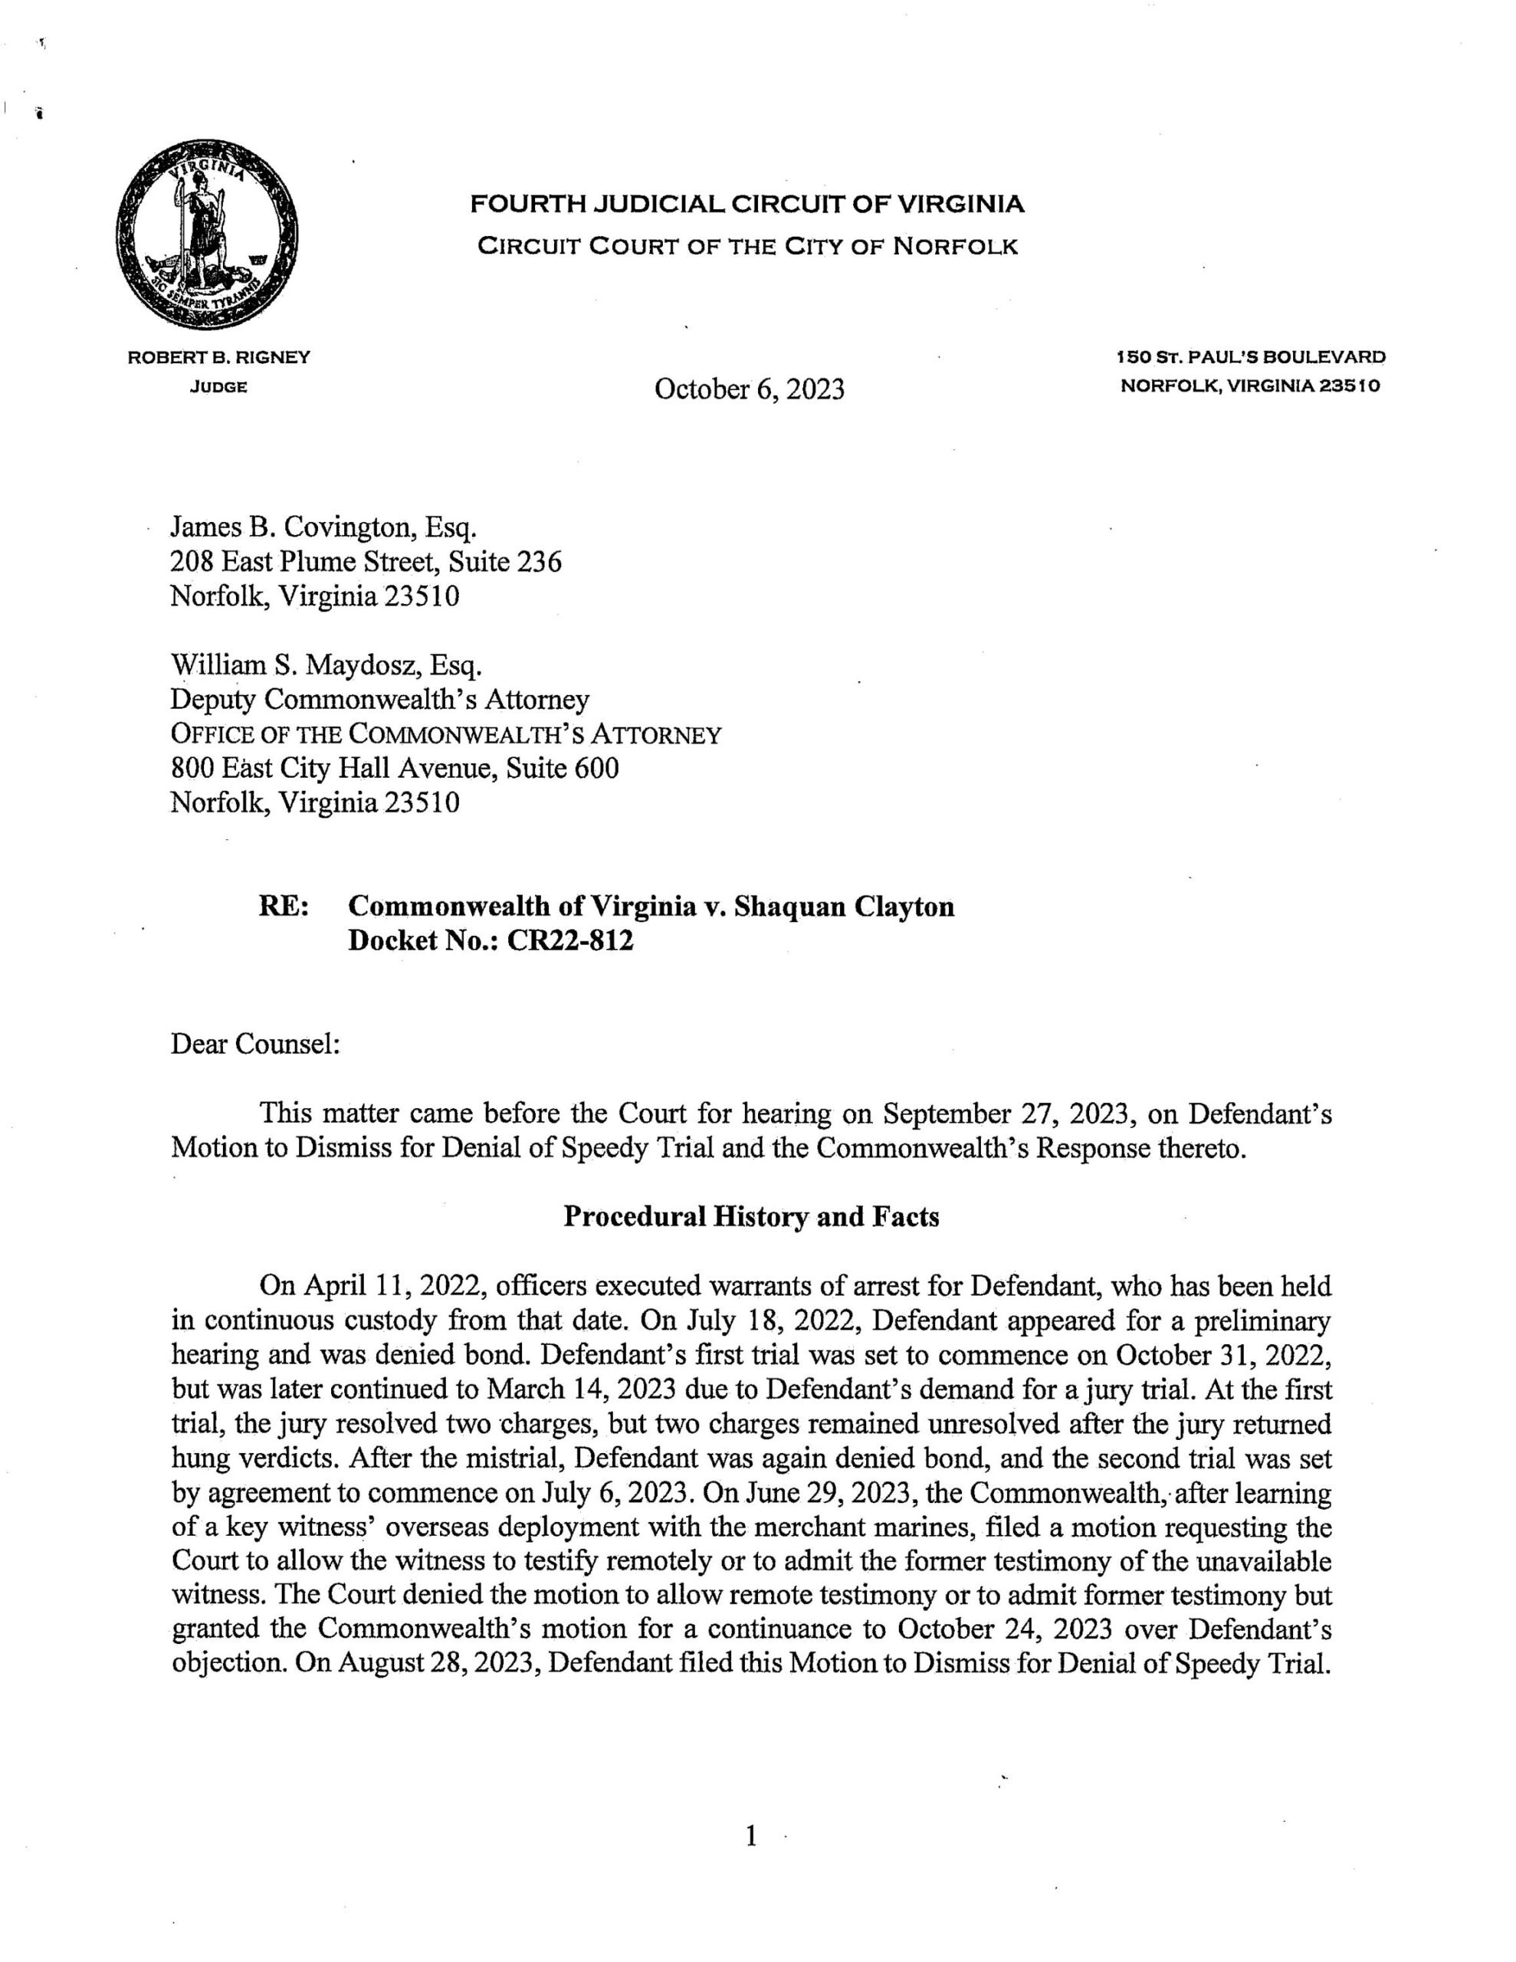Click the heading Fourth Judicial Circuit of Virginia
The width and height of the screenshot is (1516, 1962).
click(x=747, y=205)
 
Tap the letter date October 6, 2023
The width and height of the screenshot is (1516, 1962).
click(x=750, y=389)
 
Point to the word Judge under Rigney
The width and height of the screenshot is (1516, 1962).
click(x=218, y=388)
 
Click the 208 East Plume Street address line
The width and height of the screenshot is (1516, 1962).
click(x=366, y=563)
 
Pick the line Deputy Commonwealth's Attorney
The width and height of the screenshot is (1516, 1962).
click(x=380, y=700)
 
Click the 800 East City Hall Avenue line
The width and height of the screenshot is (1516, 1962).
click(x=395, y=768)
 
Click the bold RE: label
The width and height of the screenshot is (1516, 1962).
click(x=284, y=907)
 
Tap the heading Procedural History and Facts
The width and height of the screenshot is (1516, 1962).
click(x=750, y=1217)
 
